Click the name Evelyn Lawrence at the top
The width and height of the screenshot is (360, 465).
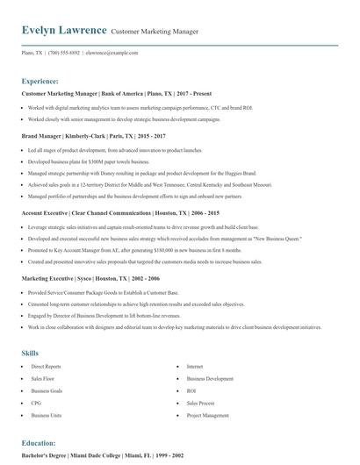tap(64, 31)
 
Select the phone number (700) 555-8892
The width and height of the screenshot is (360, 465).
tap(64, 53)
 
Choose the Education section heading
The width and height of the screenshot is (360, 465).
tap(39, 443)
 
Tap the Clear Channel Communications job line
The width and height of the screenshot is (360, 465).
tap(119, 213)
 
